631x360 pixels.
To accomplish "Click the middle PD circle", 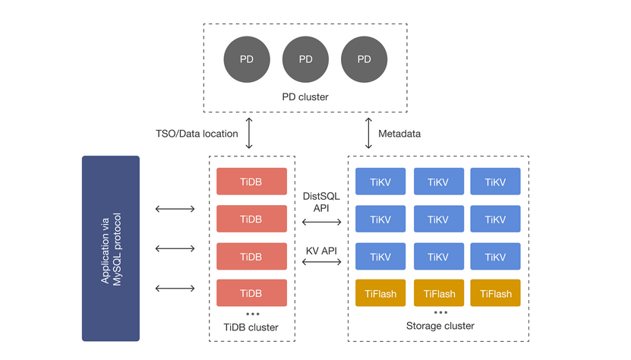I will (x=305, y=59).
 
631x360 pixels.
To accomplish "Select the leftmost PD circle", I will (x=247, y=59).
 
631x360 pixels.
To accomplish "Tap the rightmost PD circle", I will (x=364, y=59).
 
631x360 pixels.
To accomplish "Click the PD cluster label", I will (x=305, y=98).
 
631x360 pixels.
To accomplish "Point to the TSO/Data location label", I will (x=196, y=134).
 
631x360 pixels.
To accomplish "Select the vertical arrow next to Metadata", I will (x=369, y=134).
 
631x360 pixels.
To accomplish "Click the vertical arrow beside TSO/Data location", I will (x=250, y=134).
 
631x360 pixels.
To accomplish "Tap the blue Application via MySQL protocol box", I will (x=111, y=248).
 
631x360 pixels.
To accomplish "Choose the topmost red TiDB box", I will (x=251, y=182).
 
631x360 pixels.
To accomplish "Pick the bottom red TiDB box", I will (x=251, y=293).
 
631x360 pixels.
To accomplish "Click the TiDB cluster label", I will (x=251, y=327).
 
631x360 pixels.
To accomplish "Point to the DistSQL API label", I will (x=321, y=201).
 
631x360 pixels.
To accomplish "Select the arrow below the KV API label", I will (x=321, y=262).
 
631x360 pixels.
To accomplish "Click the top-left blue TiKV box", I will (x=380, y=182).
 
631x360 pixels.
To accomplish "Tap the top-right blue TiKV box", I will (x=495, y=182).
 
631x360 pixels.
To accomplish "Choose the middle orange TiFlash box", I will (x=439, y=293).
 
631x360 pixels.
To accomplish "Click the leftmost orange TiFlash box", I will (x=380, y=293).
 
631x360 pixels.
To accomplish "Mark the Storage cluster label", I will (x=440, y=326).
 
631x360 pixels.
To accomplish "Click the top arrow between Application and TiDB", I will (x=175, y=209).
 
